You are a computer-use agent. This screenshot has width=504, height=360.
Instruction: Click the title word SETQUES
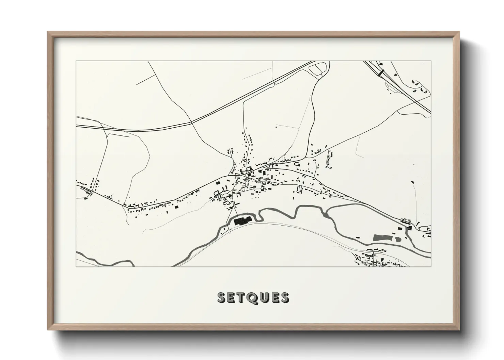(253, 297)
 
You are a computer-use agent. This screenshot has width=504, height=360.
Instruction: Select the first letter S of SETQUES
(222, 297)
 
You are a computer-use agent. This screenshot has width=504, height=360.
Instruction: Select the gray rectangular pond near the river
(381, 238)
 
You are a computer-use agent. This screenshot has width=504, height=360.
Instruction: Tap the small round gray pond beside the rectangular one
(398, 239)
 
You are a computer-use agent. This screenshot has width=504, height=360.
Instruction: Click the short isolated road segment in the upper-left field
(145, 80)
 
